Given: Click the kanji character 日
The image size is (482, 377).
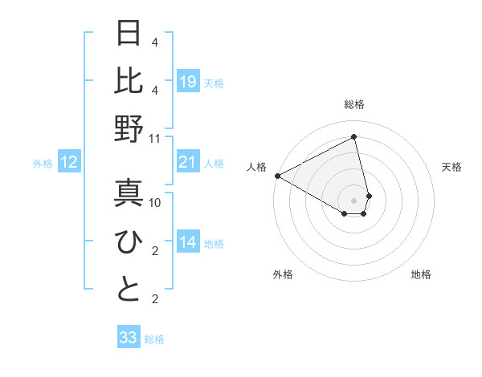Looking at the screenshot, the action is point(129,34).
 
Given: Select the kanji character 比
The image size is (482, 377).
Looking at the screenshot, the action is point(129,80).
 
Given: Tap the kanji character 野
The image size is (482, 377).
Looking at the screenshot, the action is point(129,128).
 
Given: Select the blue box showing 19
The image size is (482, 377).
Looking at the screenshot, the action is point(187,82).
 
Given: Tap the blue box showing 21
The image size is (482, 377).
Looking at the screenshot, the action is point(187,163).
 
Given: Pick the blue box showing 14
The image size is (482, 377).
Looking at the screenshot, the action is point(187,242).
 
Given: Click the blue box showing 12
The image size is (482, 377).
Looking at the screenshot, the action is point(68,163).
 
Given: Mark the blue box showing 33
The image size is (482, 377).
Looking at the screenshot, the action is point(129,338).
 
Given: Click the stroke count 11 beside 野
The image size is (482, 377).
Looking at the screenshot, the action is point(155,138).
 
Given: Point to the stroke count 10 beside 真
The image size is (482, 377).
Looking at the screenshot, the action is point(155,203).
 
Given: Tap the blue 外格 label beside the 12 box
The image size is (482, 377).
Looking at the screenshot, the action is point(42,164).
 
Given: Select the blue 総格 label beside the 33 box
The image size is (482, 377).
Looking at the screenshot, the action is point(154,339).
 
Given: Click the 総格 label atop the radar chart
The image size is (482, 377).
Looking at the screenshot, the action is point(353,105).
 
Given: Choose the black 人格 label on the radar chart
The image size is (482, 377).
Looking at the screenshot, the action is point(257,167).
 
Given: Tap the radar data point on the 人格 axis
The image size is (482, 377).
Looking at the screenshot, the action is point(277,176).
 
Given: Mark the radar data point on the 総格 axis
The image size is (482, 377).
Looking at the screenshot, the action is point(353,137).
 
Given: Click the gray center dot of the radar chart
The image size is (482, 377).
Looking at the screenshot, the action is point(353,200).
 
